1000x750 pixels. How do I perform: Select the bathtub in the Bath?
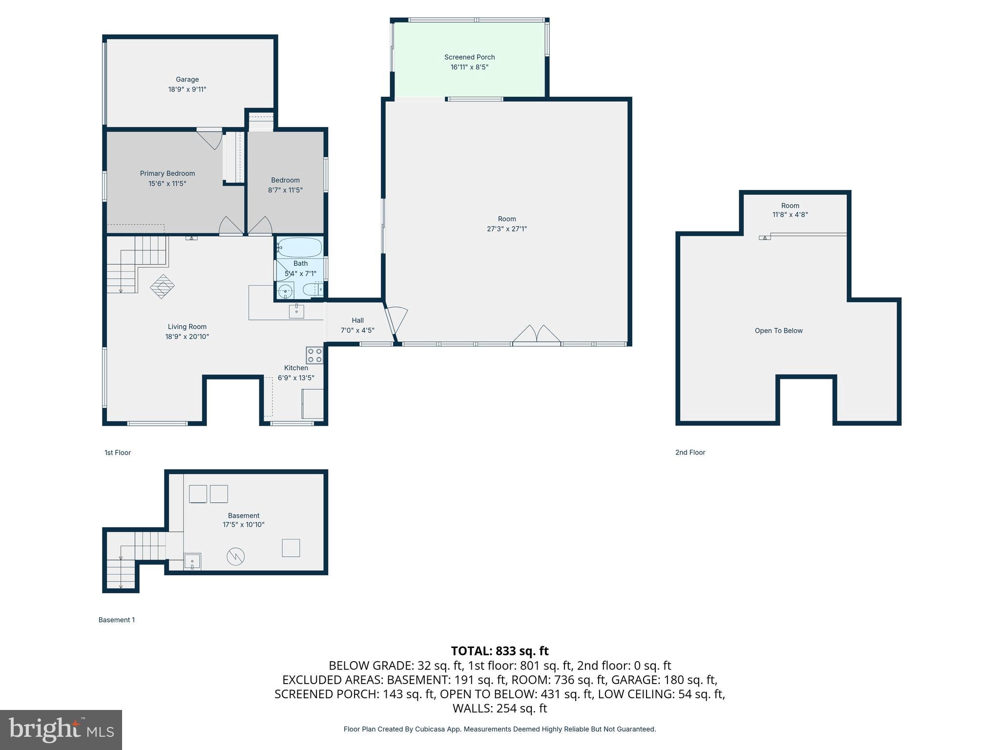point(299,248)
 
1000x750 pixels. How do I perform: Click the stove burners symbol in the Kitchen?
point(314,355)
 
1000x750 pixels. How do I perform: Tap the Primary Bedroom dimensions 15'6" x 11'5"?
point(167,184)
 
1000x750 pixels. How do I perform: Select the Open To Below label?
point(778,331)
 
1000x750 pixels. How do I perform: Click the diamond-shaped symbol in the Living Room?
point(162,286)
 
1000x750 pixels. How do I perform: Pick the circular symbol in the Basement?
point(235,556)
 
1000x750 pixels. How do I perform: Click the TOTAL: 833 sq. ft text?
point(500,651)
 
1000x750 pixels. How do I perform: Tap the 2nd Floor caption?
point(690,453)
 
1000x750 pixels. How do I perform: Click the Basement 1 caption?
point(117,620)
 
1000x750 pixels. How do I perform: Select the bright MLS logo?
point(61,730)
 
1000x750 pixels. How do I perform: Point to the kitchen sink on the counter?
point(296,311)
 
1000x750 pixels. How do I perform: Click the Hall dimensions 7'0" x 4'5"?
point(357,331)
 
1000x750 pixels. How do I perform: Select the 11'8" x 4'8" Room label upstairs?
point(790,214)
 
